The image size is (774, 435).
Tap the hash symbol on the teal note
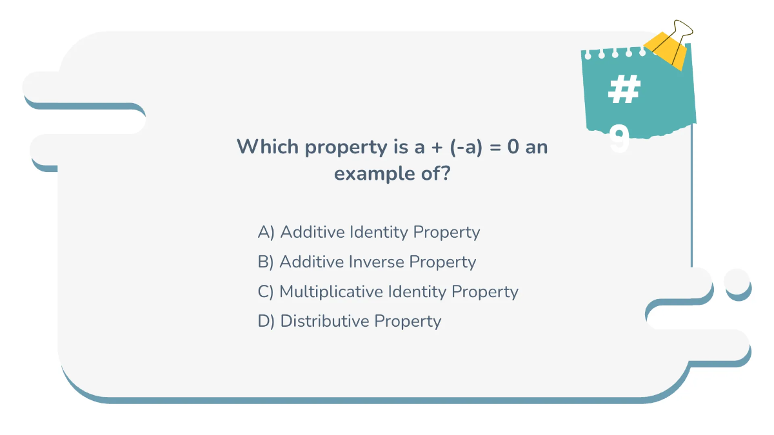(624, 91)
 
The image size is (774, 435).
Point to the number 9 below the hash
(619, 139)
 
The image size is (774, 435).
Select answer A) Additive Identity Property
(368, 232)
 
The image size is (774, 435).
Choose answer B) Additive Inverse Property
(366, 262)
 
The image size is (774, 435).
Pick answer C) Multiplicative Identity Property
(388, 291)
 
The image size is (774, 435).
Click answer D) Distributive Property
(349, 321)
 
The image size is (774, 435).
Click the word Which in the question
(268, 147)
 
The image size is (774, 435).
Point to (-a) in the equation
(466, 147)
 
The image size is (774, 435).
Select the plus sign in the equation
(437, 148)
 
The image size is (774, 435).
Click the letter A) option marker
(266, 232)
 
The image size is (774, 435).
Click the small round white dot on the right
(737, 281)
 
